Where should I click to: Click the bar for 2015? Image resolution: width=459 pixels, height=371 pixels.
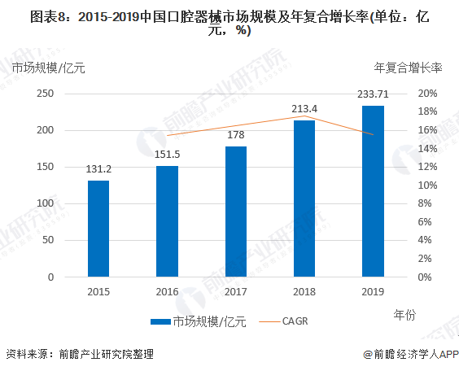coord(98,229)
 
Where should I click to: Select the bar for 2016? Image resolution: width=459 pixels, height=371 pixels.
coord(167,221)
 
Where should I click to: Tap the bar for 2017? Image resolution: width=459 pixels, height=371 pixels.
coord(236,212)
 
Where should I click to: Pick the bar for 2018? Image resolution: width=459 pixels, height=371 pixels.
coord(304,199)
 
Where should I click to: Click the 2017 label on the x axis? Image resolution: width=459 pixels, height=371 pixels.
coord(236,291)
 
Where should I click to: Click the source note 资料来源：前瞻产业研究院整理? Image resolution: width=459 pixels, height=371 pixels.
coord(79,355)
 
